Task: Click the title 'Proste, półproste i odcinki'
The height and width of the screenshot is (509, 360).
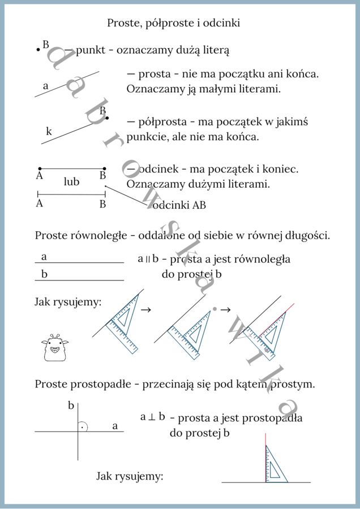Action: (x=174, y=23)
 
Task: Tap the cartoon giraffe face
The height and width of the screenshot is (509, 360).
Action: (x=54, y=347)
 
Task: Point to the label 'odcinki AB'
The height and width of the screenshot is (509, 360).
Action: (x=179, y=205)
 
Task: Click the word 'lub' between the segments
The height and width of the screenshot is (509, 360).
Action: (x=72, y=182)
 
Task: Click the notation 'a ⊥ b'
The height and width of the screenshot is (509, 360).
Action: (x=153, y=417)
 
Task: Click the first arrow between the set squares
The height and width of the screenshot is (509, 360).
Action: (x=145, y=310)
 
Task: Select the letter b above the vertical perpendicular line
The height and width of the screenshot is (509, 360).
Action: (x=71, y=406)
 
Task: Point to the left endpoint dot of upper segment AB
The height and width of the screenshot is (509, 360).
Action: (x=40, y=169)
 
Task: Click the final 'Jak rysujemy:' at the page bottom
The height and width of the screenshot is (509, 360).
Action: (x=130, y=477)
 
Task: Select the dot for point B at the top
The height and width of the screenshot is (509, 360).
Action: (x=38, y=50)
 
